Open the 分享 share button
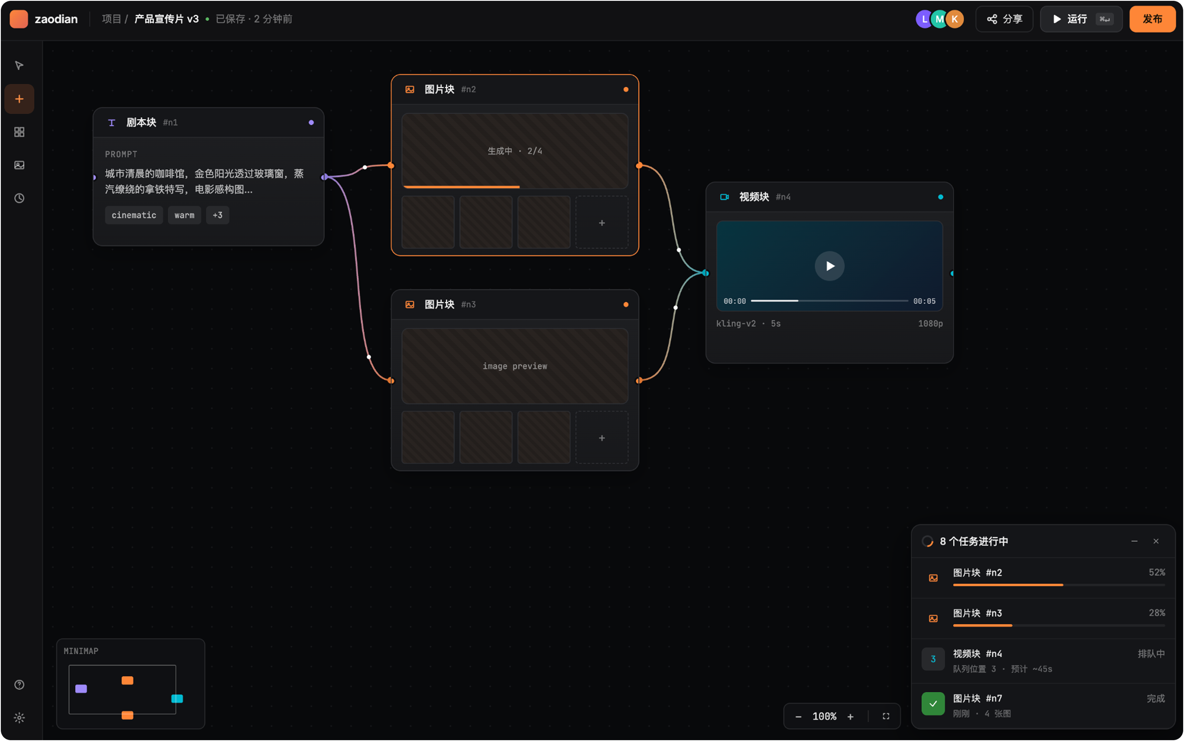click(x=1004, y=19)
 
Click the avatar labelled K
click(x=955, y=19)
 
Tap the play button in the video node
click(x=829, y=265)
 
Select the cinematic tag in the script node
click(x=134, y=215)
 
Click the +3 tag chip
click(x=217, y=215)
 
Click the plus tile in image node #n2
click(x=602, y=223)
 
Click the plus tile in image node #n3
click(x=602, y=438)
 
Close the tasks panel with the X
click(x=1156, y=541)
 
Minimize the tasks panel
click(x=1134, y=541)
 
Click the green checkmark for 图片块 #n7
click(x=933, y=704)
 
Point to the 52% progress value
click(x=1156, y=572)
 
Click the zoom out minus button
click(x=799, y=716)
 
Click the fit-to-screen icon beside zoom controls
click(x=886, y=716)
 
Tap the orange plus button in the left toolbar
click(x=19, y=99)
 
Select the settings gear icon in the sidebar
click(x=19, y=718)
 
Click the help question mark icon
click(x=19, y=685)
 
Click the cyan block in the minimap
click(x=177, y=699)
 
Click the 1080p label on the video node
click(x=930, y=323)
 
